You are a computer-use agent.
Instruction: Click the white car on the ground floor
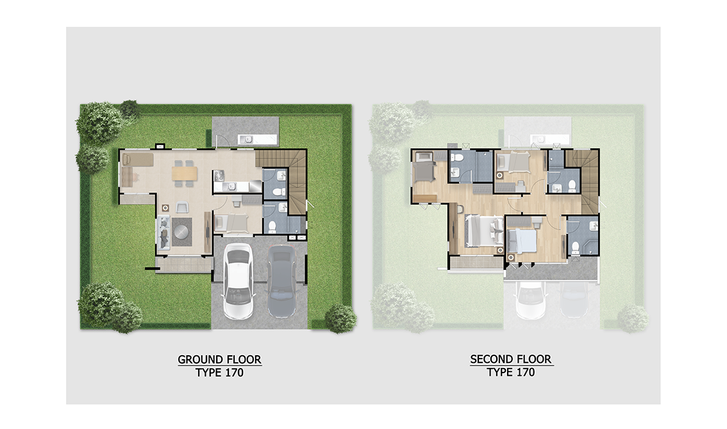click(238, 281)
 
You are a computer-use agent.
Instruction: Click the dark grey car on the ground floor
click(282, 281)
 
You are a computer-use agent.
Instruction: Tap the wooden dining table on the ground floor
click(185, 173)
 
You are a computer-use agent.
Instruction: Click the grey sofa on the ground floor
click(163, 233)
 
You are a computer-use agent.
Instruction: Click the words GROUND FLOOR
click(219, 360)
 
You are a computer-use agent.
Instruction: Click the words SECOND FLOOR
click(510, 359)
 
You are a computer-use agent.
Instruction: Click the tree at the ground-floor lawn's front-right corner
click(341, 319)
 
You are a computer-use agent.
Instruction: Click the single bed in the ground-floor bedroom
click(233, 223)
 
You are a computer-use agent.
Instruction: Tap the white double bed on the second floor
click(484, 230)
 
